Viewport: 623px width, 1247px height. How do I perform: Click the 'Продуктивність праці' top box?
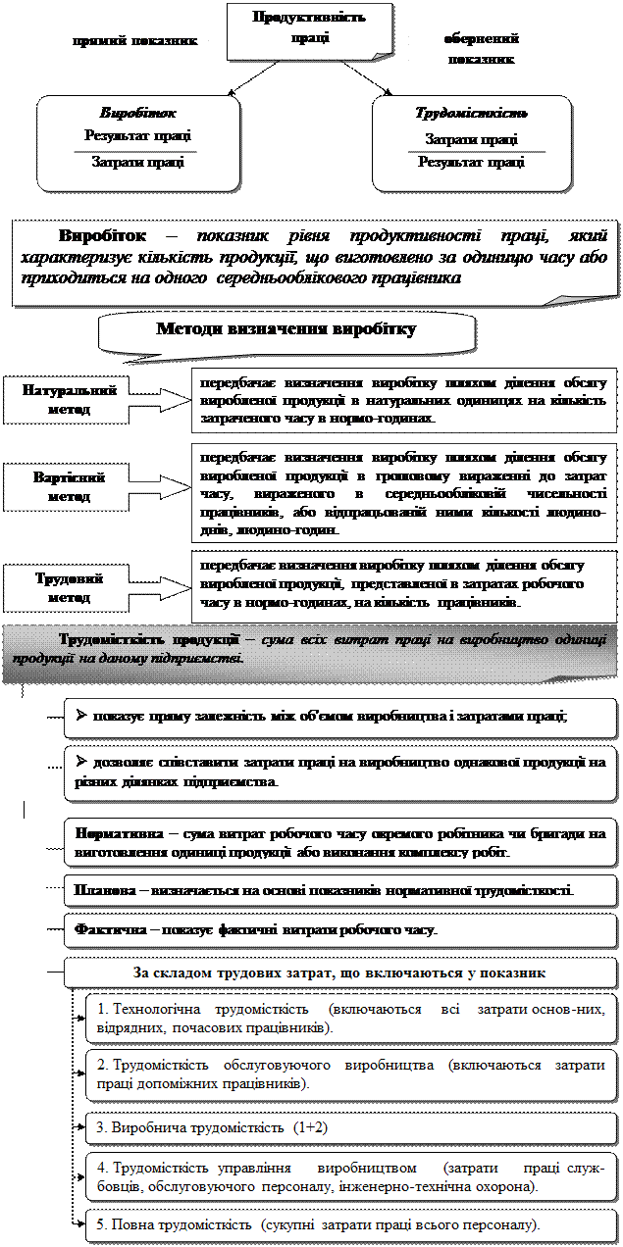coord(295,28)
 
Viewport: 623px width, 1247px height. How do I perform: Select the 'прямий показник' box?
coord(134,42)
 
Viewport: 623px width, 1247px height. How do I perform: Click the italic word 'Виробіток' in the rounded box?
coord(138,113)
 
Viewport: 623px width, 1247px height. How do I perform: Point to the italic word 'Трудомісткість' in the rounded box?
coord(472,113)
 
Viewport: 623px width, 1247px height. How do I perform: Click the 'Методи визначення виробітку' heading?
coord(286,329)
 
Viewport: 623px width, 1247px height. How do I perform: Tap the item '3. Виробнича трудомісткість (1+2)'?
coord(212,1127)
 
